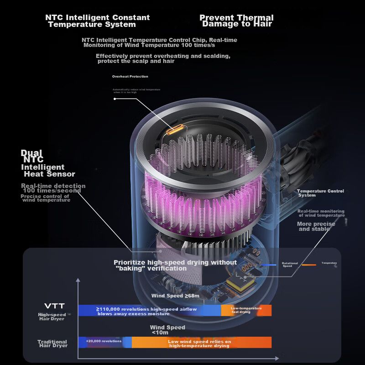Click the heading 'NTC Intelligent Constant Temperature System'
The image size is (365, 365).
97,21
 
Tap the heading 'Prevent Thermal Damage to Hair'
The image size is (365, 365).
237,21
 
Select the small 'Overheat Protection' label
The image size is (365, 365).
130,77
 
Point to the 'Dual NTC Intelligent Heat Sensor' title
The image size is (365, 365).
48,163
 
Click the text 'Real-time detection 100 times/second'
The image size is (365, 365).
53,188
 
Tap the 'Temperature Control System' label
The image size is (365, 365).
320,193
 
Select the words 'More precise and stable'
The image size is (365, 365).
316,226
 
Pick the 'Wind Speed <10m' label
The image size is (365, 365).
167,330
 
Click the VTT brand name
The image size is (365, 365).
54,306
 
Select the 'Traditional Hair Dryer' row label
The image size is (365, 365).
53,344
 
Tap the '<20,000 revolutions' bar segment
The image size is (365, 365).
104,341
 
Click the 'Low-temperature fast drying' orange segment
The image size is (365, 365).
246,310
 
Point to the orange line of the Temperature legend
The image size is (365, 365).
308,265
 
